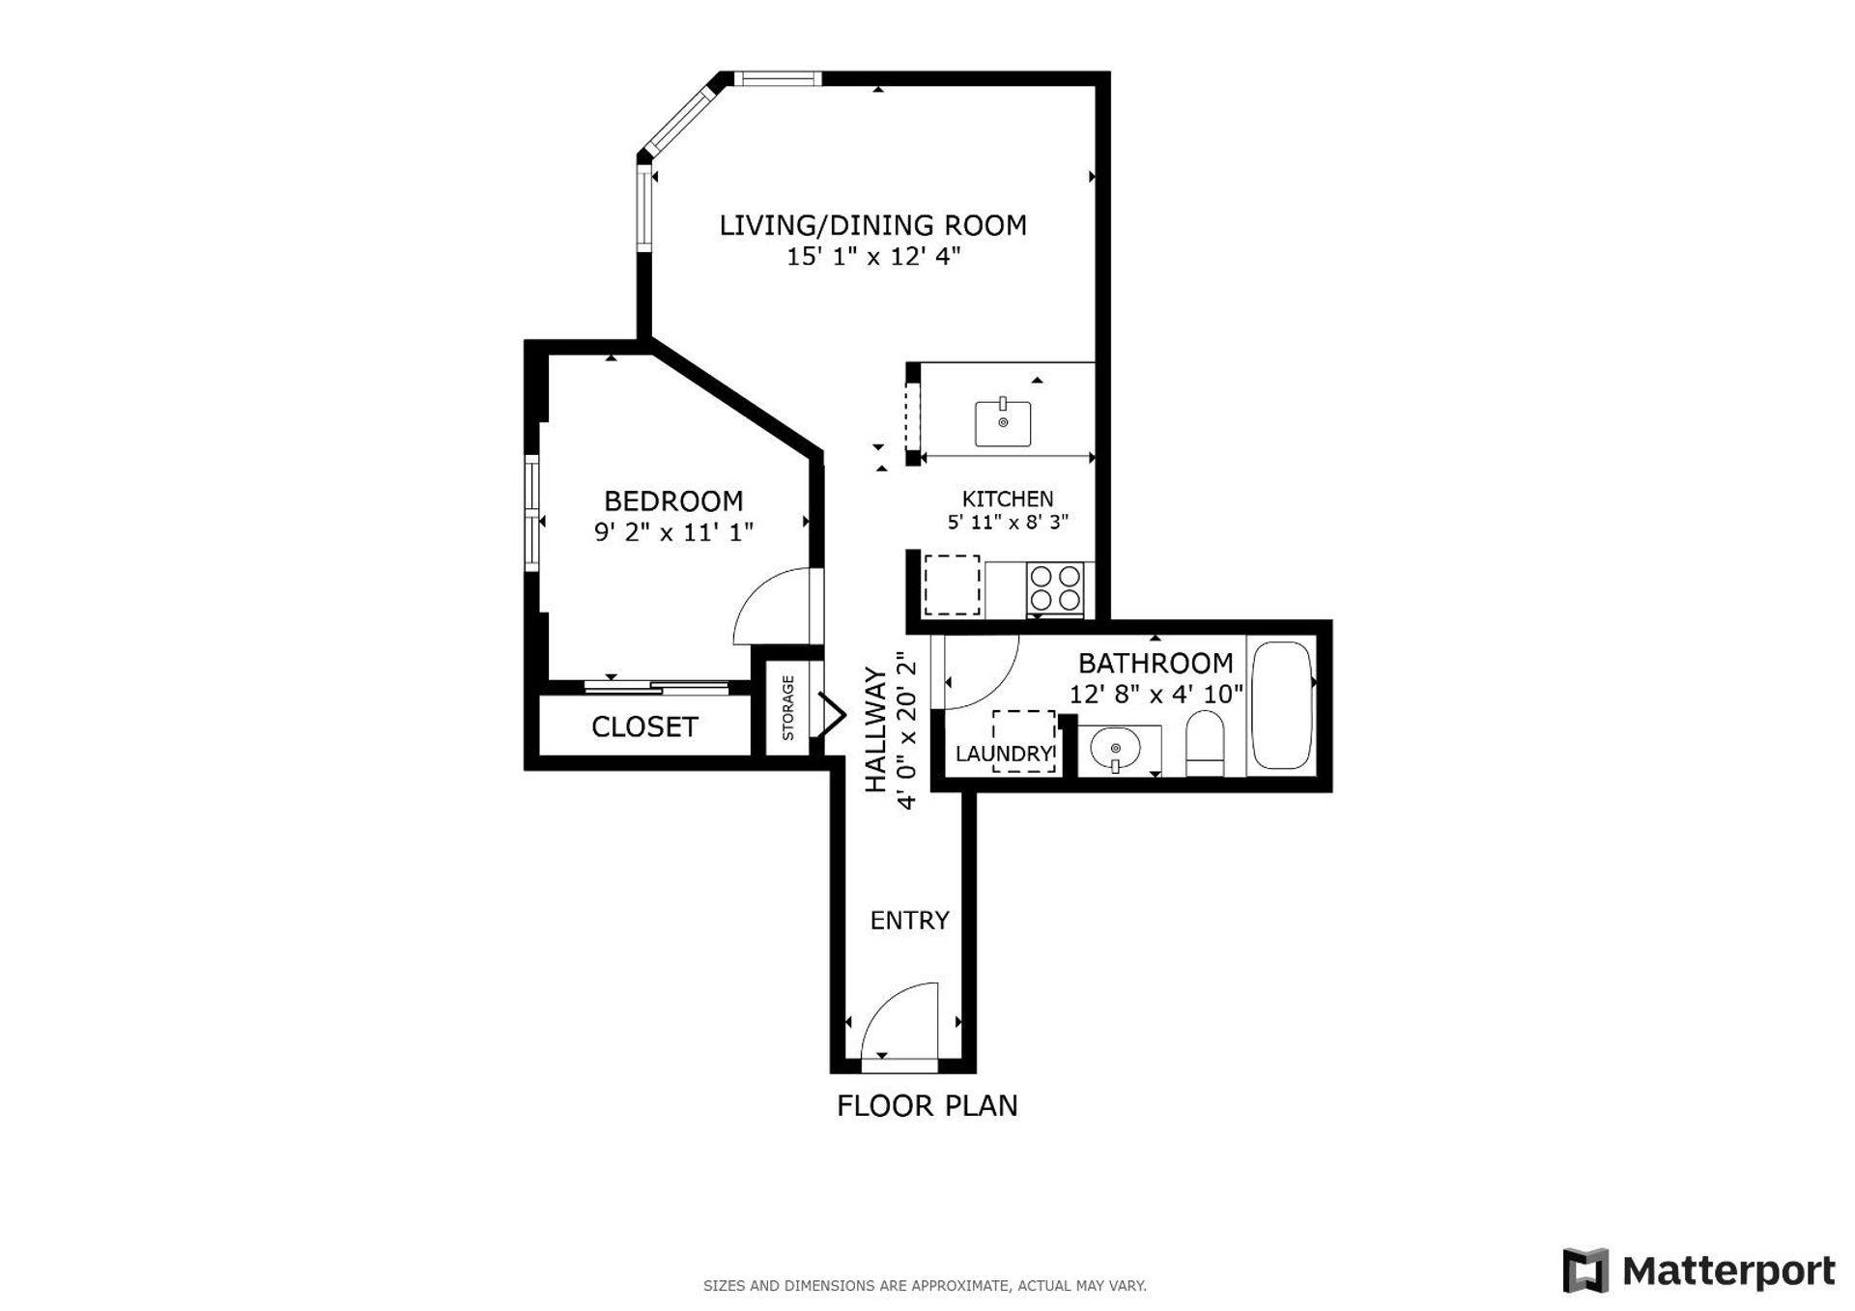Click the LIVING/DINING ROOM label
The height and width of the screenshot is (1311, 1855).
tap(872, 225)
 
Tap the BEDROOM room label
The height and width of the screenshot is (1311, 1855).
tap(673, 500)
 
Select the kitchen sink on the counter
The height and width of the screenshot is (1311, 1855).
tap(1003, 423)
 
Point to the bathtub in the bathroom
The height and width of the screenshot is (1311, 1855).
tap(1282, 705)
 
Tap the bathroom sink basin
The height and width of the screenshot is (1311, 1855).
tap(1116, 749)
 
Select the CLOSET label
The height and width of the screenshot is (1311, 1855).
tap(644, 727)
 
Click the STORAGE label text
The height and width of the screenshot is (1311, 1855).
tap(788, 708)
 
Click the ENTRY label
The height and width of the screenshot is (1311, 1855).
tap(909, 920)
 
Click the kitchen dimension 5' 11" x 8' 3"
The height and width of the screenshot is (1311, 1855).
tap(1008, 523)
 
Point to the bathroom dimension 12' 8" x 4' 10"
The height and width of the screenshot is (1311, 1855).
tap(1156, 695)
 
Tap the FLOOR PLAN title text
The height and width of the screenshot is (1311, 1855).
tap(927, 1105)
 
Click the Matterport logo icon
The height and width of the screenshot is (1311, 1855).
tap(1585, 1270)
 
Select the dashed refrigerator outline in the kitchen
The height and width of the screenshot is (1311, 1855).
tap(952, 584)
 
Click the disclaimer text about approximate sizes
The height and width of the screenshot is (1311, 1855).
tap(925, 1286)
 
